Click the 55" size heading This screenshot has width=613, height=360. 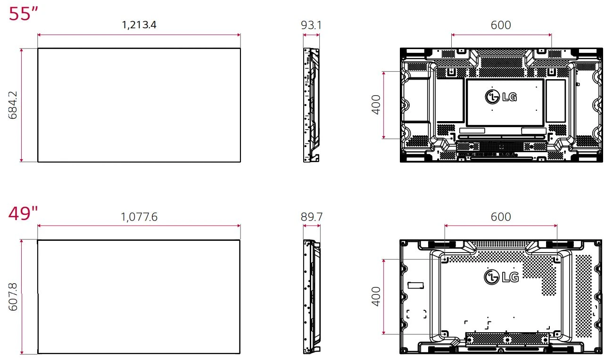(23, 14)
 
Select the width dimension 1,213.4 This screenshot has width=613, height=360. (139, 25)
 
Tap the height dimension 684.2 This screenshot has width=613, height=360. (13, 105)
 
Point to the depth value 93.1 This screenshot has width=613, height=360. (311, 25)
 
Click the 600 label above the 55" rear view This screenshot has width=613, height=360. (501, 25)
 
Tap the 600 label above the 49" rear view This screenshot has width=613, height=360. (501, 217)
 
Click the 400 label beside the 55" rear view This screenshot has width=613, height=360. (376, 105)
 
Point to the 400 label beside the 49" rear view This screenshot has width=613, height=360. (376, 296)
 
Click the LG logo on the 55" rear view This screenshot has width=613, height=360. (501, 97)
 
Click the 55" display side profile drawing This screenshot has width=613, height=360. (311, 105)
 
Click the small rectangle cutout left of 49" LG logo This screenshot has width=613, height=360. (415, 285)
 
